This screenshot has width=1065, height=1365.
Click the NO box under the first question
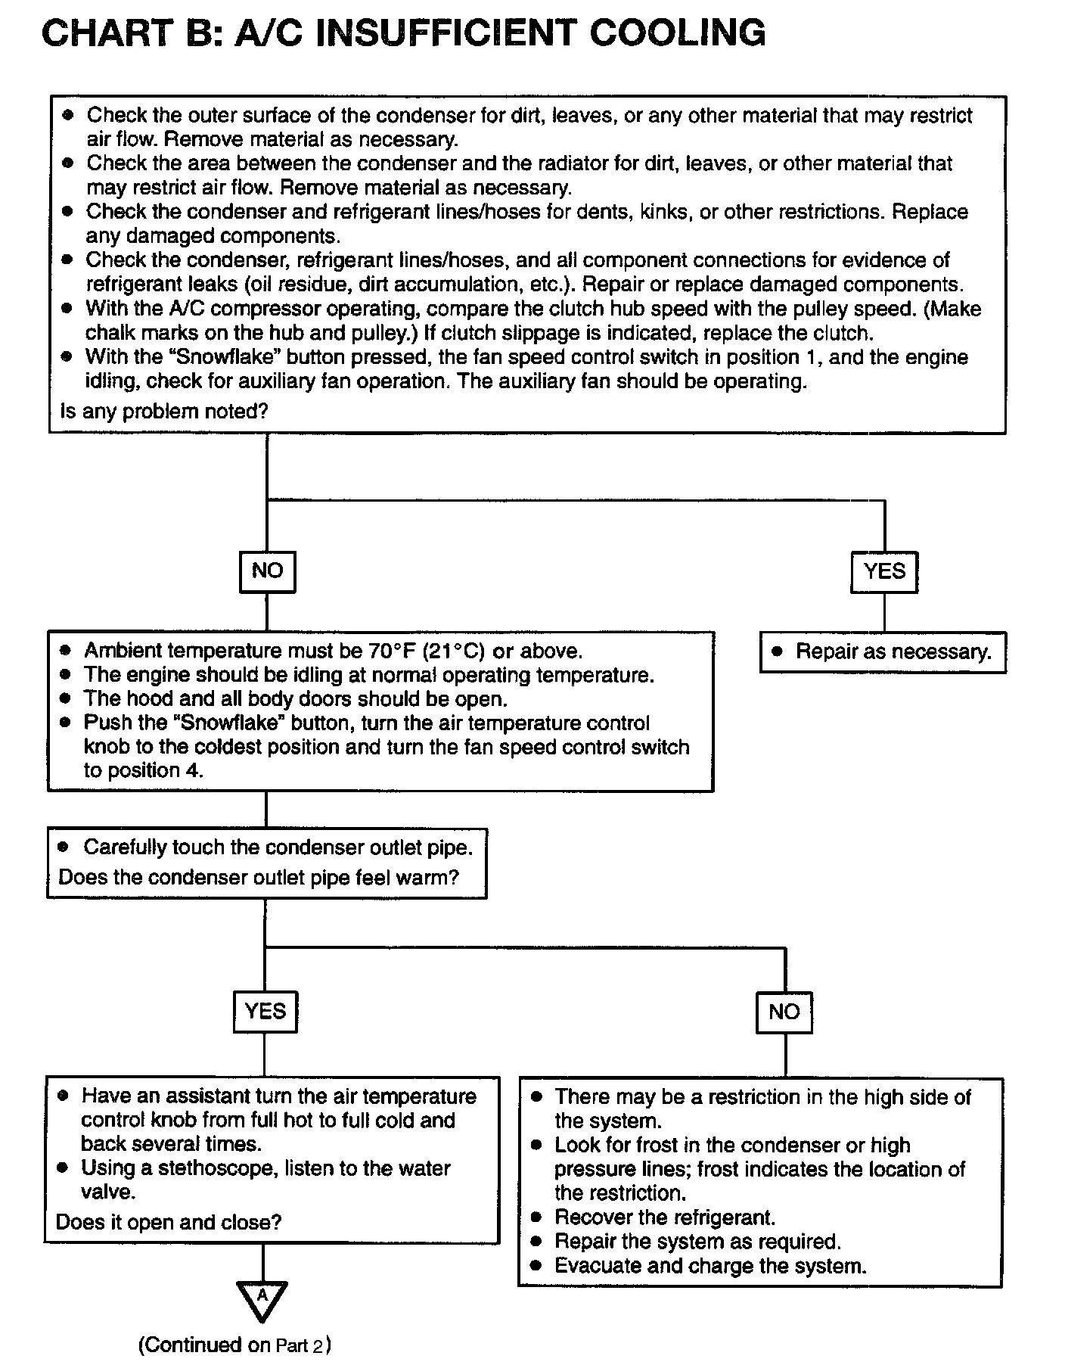click(x=267, y=571)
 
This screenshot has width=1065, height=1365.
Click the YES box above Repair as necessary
click(x=884, y=571)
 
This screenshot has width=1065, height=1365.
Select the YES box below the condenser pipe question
click(x=265, y=1012)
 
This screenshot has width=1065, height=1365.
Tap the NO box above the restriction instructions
click(x=784, y=1012)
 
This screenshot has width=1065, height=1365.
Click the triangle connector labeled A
click(x=262, y=1299)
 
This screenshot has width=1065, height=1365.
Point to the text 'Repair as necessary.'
click(x=893, y=651)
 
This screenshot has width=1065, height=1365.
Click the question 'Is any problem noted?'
click(x=163, y=412)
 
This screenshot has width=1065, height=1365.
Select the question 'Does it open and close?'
click(x=169, y=1223)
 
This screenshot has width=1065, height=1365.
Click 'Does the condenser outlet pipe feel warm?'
click(x=259, y=878)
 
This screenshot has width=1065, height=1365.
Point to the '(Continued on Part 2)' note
click(x=234, y=1345)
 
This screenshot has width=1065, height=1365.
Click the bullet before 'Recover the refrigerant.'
click(x=537, y=1217)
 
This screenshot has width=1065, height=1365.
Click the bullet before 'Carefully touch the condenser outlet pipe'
click(x=64, y=847)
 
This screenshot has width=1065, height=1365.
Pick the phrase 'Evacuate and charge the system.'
click(x=710, y=1265)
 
